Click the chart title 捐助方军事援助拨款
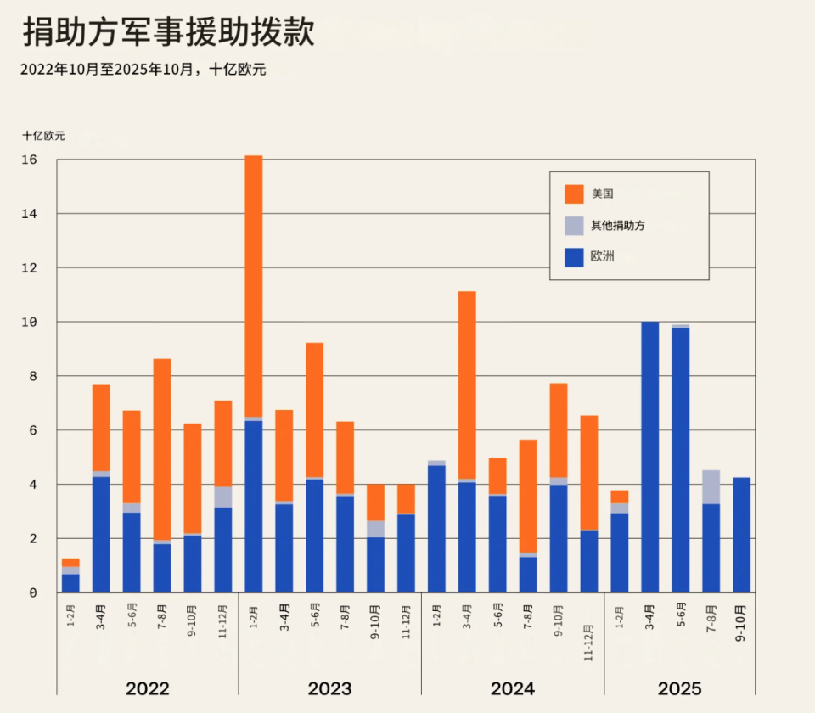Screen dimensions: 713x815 (x=168, y=32)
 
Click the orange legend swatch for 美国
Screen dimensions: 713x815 (x=574, y=194)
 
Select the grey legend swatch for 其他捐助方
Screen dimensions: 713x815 (x=574, y=225)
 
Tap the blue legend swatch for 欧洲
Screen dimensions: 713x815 (x=574, y=256)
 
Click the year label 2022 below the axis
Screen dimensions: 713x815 (x=147, y=688)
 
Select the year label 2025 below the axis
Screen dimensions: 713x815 (x=679, y=688)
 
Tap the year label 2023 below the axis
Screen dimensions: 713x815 (x=329, y=688)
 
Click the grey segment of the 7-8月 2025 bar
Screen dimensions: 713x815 (x=711, y=487)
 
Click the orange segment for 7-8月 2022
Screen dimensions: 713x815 (x=162, y=449)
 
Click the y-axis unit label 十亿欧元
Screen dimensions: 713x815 (x=43, y=135)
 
